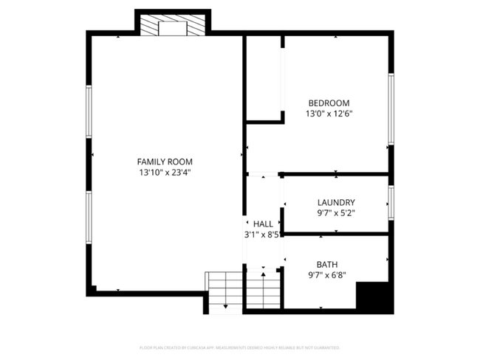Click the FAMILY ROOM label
[165, 162]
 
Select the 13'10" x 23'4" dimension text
[165, 173]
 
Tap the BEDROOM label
[329, 103]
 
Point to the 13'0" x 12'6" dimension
[329, 114]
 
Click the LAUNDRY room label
[336, 203]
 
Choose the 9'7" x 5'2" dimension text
[336, 214]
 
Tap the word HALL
[263, 224]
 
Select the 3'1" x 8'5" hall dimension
[262, 235]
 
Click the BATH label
[327, 264]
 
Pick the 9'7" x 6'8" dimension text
[327, 275]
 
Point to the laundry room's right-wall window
[391, 204]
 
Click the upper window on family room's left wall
[89, 111]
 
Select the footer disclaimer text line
[240, 347]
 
